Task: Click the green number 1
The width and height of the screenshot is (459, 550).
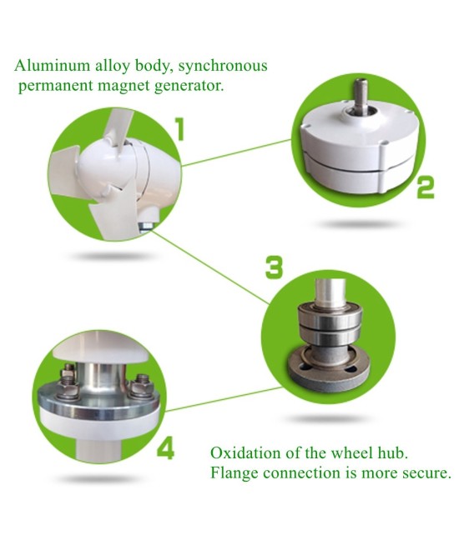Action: (179, 129)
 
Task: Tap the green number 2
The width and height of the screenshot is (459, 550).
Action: (426, 187)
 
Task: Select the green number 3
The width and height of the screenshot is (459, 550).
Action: (274, 267)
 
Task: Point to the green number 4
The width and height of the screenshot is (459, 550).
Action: (165, 449)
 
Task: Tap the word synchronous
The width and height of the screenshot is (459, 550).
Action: (223, 67)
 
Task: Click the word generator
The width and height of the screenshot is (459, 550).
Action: (189, 86)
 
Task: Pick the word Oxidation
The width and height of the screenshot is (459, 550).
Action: (245, 452)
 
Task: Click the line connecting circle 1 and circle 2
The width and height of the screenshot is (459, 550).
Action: (237, 153)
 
